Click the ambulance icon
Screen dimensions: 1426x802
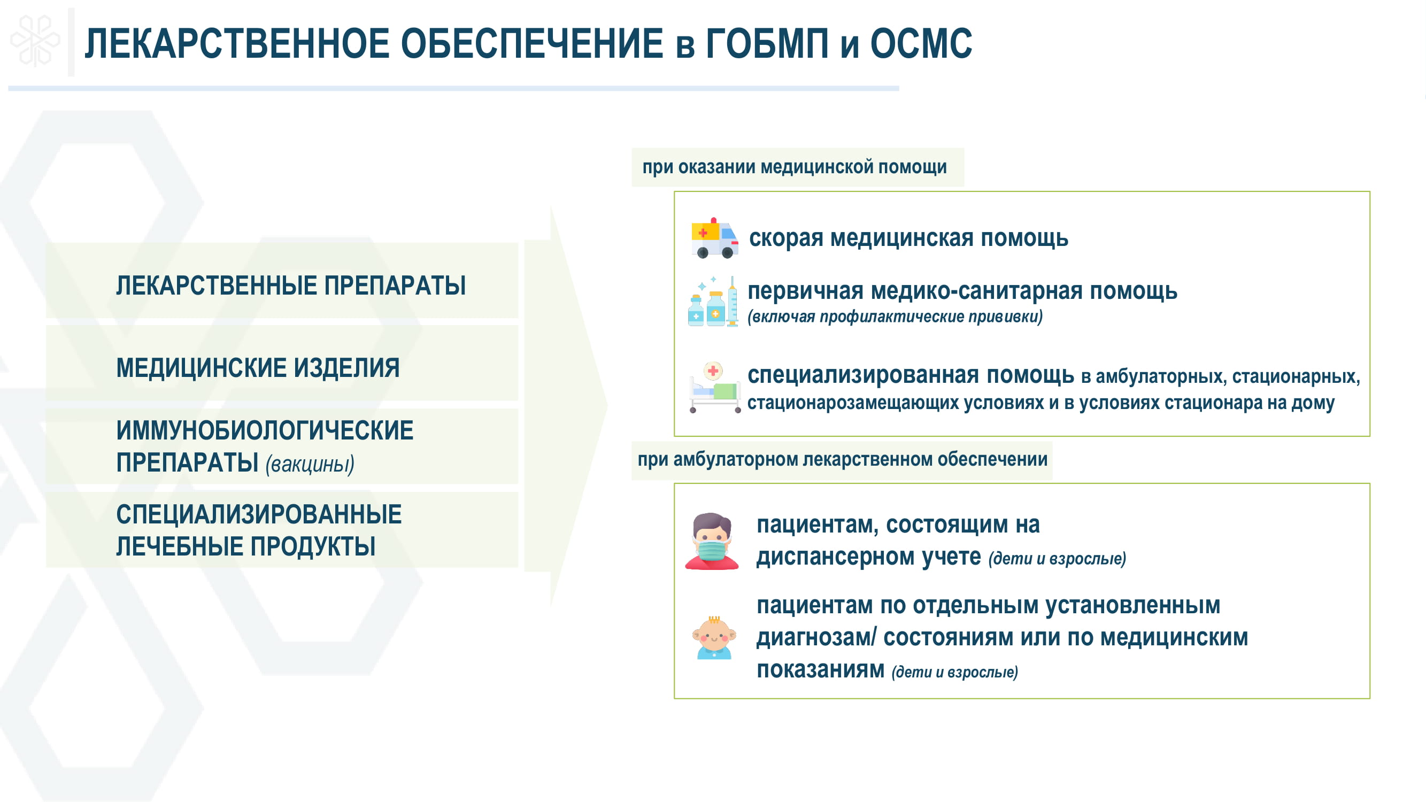pos(715,238)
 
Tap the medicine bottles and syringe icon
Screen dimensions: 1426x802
pos(713,301)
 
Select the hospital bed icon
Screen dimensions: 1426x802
pos(715,388)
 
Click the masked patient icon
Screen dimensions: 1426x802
pos(712,541)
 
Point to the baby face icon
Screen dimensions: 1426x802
pos(714,637)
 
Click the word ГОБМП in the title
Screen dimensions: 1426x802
pos(768,44)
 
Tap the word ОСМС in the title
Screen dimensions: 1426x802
pos(921,44)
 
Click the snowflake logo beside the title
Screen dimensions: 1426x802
pos(35,41)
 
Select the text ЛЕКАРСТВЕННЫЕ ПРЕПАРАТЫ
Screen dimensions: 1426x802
pos(291,286)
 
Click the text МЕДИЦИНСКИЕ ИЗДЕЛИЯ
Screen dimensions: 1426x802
pos(258,368)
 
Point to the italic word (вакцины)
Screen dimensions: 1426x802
pos(310,464)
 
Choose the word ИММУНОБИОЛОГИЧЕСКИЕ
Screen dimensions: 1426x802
pos(265,430)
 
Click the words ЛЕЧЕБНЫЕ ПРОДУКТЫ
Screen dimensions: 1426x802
pos(246,546)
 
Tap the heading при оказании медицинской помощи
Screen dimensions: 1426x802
pos(795,167)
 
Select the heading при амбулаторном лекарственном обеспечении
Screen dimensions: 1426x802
pos(843,459)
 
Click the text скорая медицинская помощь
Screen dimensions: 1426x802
pos(908,238)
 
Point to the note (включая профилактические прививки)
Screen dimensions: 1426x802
pos(895,317)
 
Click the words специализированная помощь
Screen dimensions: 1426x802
pos(911,375)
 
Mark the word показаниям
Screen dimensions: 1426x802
pos(820,670)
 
